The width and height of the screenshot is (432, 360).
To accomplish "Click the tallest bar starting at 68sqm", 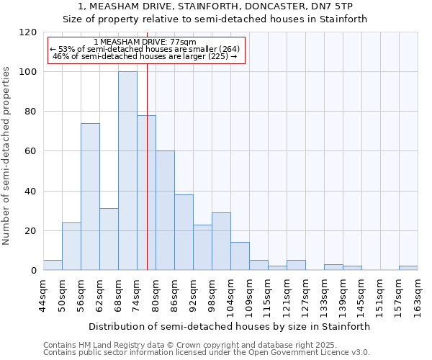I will (x=127, y=171).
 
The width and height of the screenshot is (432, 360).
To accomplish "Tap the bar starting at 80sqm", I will (x=165, y=210).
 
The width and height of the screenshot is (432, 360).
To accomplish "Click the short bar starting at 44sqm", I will (x=53, y=265).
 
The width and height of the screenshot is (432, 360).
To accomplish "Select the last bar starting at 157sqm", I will (x=408, y=268).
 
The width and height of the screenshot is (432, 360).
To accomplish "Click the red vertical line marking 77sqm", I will (x=147, y=180).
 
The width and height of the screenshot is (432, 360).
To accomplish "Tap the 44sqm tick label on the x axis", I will (x=43, y=295).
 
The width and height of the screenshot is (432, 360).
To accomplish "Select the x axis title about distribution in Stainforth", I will (x=230, y=326).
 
